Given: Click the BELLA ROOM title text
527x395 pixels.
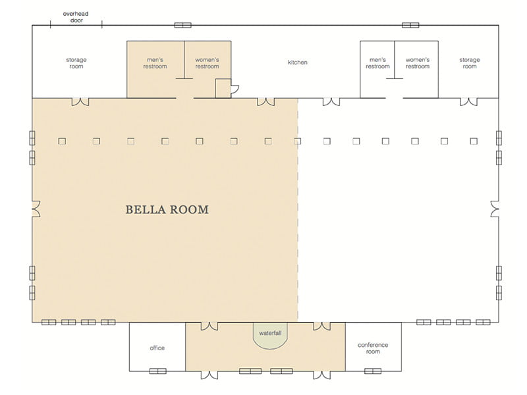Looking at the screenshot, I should (x=167, y=210).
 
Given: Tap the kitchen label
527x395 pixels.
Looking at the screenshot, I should (x=298, y=63).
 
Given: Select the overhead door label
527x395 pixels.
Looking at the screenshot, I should (x=76, y=16).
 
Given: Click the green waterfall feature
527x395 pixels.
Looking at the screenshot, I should (x=269, y=336).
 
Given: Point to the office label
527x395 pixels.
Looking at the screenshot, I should (x=157, y=348).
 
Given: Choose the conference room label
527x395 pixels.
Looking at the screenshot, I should (x=373, y=348).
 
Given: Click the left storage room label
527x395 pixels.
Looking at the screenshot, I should (x=76, y=63).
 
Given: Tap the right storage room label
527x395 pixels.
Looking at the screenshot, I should (x=469, y=63).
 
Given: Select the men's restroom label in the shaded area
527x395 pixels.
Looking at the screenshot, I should (x=155, y=63).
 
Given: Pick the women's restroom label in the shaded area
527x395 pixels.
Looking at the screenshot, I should (x=207, y=63).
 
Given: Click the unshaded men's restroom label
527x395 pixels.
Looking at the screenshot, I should (x=377, y=63).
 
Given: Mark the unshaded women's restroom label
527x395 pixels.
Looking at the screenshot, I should (x=417, y=63).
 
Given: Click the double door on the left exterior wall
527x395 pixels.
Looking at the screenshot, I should (x=35, y=209).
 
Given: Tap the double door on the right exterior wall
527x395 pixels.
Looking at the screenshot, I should (x=495, y=209).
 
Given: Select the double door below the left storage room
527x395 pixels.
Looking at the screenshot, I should (x=80, y=101).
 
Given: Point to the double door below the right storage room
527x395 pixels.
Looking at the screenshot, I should (x=468, y=101).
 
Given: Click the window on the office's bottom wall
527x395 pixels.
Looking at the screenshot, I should (x=157, y=371).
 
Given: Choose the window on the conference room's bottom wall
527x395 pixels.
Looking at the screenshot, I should (x=373, y=371).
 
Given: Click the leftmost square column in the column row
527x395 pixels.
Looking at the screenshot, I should (x=61, y=141).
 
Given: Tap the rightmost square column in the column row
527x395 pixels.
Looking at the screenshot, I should (x=474, y=141).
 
